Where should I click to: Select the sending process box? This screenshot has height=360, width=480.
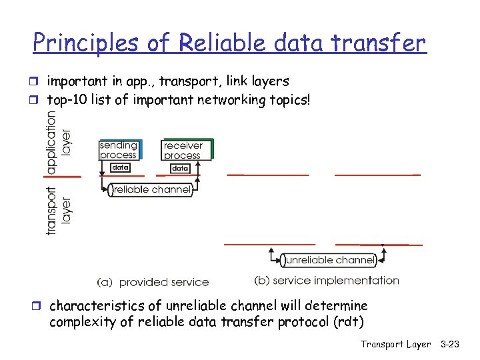click(x=119, y=150)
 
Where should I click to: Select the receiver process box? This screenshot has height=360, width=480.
click(x=183, y=150)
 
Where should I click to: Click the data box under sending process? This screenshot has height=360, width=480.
click(x=120, y=168)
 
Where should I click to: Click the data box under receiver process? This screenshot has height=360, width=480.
click(x=180, y=169)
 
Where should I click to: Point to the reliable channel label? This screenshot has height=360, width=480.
click(x=151, y=190)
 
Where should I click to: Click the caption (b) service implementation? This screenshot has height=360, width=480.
click(x=327, y=281)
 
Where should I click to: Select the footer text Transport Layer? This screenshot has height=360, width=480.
click(x=395, y=344)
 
